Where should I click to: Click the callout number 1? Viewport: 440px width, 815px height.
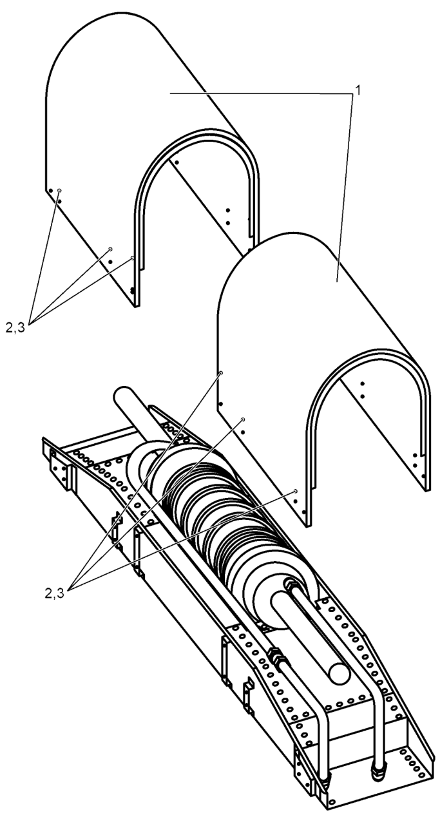(x=358, y=90)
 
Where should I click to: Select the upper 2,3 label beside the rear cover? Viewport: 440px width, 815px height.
(x=15, y=328)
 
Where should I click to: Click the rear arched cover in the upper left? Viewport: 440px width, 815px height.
(x=109, y=109)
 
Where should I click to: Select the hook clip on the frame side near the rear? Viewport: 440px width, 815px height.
(x=117, y=528)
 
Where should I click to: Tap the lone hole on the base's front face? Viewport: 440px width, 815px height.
(x=332, y=801)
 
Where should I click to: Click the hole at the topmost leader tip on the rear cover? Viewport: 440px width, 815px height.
(x=59, y=190)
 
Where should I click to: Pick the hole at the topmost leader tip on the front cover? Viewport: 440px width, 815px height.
(x=220, y=373)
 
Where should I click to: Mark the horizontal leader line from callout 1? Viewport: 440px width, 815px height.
(x=262, y=93)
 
